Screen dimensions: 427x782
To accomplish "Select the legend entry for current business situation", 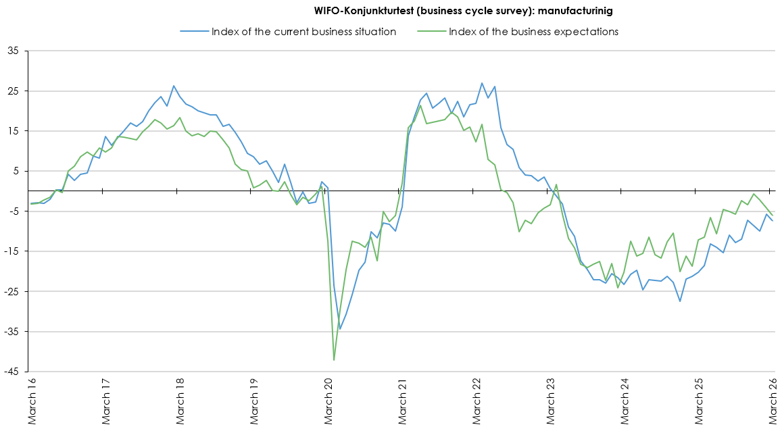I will pyautogui.click(x=303, y=32).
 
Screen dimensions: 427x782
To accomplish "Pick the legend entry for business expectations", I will pyautogui.click(x=533, y=32).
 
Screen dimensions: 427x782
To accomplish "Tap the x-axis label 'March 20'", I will pyautogui.click(x=330, y=403).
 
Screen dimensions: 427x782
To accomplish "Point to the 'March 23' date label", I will pyautogui.click(x=553, y=403).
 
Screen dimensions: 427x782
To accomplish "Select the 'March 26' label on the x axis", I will pyautogui.click(x=775, y=403).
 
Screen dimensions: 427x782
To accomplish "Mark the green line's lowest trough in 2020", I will pyautogui.click(x=334, y=360).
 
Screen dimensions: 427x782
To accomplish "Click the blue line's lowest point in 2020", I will pyautogui.click(x=340, y=329).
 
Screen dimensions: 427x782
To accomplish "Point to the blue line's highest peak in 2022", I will pyautogui.click(x=482, y=83).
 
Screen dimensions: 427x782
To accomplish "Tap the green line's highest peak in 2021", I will pyautogui.click(x=420, y=105).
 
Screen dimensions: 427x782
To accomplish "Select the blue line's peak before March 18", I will pyautogui.click(x=174, y=86).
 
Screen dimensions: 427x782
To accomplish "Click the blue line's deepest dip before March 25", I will pyautogui.click(x=680, y=301).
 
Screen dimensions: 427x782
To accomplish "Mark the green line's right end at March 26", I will pyautogui.click(x=773, y=215).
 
